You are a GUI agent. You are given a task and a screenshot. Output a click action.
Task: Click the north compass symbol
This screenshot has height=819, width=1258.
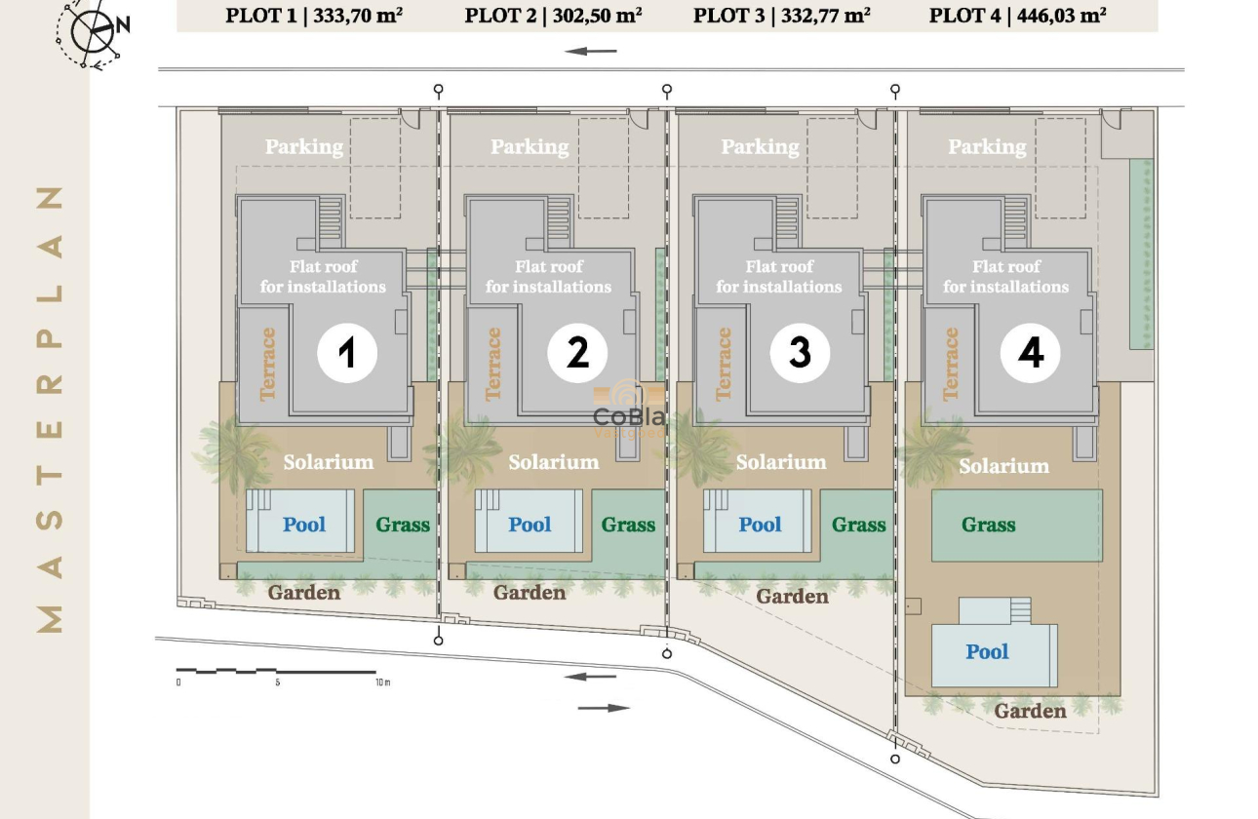pyautogui.click(x=94, y=31)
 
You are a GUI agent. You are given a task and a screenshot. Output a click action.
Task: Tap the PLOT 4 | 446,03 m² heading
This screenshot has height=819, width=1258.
pyautogui.click(x=1018, y=16)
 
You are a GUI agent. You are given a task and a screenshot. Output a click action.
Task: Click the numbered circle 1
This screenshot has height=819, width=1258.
pyautogui.click(x=347, y=353)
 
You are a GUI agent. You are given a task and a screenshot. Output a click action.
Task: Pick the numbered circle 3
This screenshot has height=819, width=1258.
pyautogui.click(x=800, y=353)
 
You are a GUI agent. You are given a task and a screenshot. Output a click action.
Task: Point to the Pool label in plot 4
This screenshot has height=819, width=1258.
pyautogui.click(x=987, y=652)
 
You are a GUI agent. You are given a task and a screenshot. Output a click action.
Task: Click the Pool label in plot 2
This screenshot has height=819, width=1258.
pyautogui.click(x=530, y=525)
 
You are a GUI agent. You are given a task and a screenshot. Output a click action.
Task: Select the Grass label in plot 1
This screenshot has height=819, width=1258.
pyautogui.click(x=403, y=525)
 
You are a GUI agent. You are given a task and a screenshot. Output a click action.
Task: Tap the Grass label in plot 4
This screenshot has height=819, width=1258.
pyautogui.click(x=988, y=525)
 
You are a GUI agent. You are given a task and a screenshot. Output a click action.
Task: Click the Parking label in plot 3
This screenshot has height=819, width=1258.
pyautogui.click(x=760, y=147)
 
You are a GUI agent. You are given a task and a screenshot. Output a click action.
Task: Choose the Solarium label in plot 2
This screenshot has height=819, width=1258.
pyautogui.click(x=553, y=462)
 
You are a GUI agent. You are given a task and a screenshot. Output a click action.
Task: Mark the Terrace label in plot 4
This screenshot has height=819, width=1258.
pyautogui.click(x=951, y=364)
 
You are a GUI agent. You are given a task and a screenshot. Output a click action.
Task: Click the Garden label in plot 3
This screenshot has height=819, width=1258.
pyautogui.click(x=792, y=596)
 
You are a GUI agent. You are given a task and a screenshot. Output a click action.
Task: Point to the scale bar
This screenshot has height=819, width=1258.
pyautogui.click(x=276, y=672)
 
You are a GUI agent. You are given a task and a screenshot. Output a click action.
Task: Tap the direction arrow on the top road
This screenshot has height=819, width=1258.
pyautogui.click(x=591, y=52)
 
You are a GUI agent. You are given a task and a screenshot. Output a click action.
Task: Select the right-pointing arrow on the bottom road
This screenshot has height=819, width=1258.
pyautogui.click(x=604, y=708)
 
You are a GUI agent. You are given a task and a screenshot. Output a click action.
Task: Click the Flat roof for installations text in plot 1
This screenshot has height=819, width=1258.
pyautogui.click(x=323, y=277)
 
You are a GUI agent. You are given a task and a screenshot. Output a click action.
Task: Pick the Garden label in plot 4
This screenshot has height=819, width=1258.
pyautogui.click(x=1030, y=712)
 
